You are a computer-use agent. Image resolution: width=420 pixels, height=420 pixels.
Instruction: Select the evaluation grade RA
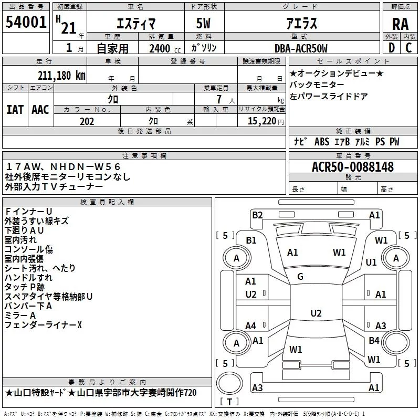400,24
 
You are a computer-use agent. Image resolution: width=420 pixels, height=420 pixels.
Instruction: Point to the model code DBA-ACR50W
301,49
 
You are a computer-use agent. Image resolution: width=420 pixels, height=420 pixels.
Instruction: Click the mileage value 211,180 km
62,75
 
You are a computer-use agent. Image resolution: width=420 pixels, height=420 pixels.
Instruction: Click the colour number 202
87,121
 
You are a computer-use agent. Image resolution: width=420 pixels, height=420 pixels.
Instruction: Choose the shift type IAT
15,110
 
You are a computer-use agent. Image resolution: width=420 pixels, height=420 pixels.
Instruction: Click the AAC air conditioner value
40,110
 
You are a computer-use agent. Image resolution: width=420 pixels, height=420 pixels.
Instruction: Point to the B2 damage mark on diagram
257,215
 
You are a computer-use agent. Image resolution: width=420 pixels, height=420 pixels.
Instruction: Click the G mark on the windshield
300,277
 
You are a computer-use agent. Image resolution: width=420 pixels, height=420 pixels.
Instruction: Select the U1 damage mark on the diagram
371,262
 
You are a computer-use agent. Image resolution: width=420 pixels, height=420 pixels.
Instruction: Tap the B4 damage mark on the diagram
374,340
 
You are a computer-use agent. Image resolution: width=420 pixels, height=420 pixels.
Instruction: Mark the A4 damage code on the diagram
251,326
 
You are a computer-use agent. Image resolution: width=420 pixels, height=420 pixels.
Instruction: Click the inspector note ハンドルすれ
28,278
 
